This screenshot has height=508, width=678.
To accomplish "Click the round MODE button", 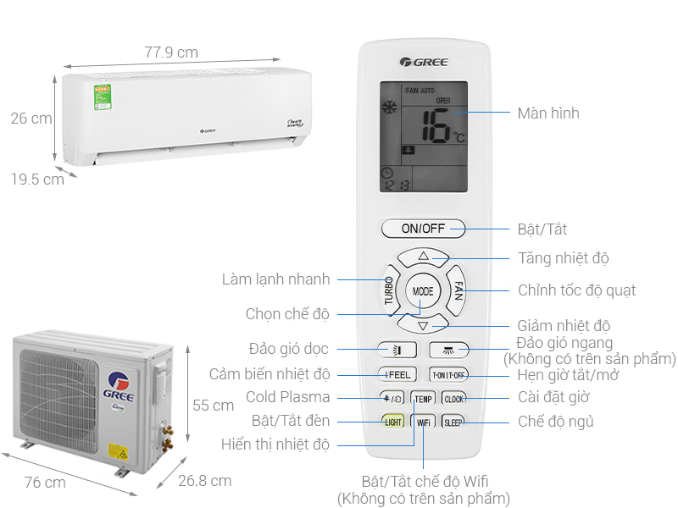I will (423, 290).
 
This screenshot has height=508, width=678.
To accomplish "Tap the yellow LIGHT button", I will (393, 421).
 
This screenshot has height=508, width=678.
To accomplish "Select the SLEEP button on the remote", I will (453, 421).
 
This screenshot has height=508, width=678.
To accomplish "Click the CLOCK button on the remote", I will (453, 397).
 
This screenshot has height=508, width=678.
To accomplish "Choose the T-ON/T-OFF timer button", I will (449, 373).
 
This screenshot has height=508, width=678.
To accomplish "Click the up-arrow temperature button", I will (423, 256).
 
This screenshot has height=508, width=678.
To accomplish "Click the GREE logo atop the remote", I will (424, 61).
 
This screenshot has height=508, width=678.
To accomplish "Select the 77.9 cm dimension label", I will (171, 52).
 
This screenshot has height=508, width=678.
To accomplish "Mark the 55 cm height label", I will (213, 406).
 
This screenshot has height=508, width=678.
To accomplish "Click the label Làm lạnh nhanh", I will (275, 279).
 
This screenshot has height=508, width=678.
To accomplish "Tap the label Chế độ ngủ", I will (555, 421).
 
